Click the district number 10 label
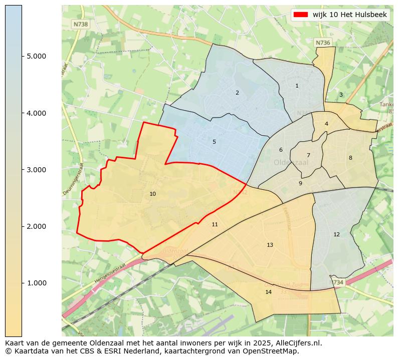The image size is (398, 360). [152, 194]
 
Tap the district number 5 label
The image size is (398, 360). [214, 142]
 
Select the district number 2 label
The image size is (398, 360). [237, 93]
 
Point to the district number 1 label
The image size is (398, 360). [297, 86]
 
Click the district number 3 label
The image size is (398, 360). [341, 95]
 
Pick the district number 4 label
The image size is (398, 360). [326, 124]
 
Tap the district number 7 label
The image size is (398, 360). [308, 156]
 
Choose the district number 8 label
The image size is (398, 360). [350, 158]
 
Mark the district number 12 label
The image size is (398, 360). [336, 235]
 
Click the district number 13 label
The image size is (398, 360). [270, 245]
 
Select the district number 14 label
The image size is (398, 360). [268, 292]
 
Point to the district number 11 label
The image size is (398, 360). [215, 225]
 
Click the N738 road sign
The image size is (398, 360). [80, 24]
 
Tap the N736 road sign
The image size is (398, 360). [323, 43]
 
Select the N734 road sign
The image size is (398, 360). [337, 283]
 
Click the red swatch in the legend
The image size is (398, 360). [301, 15]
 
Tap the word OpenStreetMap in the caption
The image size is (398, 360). [273, 351]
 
